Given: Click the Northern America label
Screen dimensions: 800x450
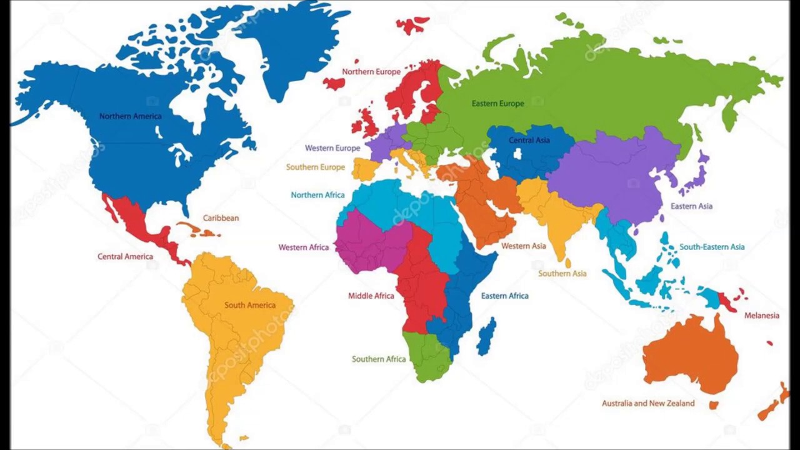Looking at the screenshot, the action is [130, 116].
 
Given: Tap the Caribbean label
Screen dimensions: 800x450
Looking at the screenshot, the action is [221, 218].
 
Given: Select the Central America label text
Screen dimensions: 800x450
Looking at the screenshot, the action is [125, 256].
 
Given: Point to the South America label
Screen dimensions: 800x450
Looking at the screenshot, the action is [249, 305].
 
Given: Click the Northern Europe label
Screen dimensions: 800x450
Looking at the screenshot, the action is [371, 72].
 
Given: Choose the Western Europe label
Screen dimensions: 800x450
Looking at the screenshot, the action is [332, 148].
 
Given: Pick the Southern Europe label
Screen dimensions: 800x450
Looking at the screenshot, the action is [315, 167].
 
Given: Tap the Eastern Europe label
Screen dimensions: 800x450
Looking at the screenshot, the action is [497, 104].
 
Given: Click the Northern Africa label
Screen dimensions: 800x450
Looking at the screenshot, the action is [317, 195].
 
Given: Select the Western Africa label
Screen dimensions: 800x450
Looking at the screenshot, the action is [303, 247].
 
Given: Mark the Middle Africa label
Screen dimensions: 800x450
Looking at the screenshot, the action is [371, 296].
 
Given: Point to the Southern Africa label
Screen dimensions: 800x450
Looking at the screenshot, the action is [378, 359].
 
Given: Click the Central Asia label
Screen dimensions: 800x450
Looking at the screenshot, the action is [529, 140].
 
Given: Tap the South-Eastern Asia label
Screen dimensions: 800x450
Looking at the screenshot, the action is [711, 247].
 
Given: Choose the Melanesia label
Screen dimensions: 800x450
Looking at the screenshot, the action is [761, 316].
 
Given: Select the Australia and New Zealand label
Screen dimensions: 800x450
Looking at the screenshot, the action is [647, 403].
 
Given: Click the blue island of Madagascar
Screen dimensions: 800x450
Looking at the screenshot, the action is [486, 336].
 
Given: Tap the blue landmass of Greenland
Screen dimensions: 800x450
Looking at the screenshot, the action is [294, 44].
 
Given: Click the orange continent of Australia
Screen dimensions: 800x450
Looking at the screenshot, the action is [691, 353].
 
